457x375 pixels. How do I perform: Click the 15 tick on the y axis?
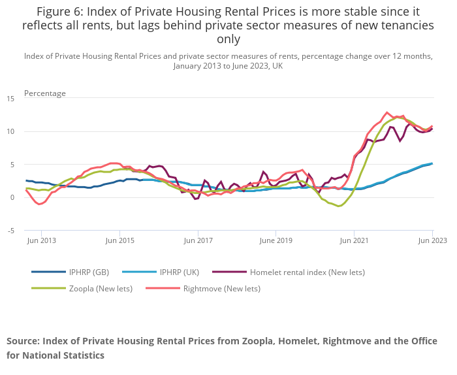[10, 99]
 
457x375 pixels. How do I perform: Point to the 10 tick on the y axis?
[10, 131]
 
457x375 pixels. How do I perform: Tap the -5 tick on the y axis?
[10, 231]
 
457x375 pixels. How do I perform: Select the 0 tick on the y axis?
[12, 197]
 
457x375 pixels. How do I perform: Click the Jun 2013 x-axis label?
[42, 240]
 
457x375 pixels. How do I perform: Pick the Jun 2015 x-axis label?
[120, 240]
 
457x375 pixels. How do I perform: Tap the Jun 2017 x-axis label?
[198, 240]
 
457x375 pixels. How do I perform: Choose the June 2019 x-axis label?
[276, 240]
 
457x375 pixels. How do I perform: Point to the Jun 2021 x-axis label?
[354, 240]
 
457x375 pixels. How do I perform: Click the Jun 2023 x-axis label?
[432, 240]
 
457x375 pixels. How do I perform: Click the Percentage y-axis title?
[45, 93]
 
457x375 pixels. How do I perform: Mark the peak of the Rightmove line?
[387, 112]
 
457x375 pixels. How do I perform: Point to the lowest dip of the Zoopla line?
[339, 206]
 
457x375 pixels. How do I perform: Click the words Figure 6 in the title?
[59, 11]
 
